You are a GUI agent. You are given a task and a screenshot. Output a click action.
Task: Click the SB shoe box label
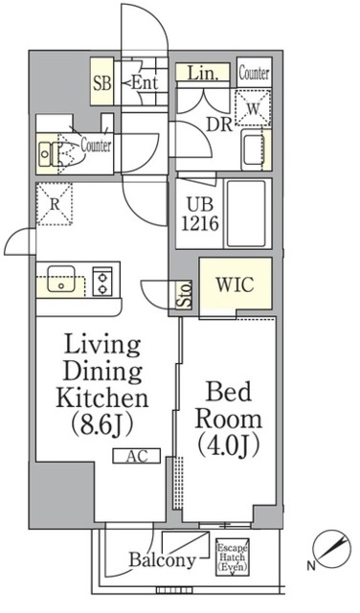(102, 83)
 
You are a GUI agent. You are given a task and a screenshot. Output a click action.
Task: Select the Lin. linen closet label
(202, 73)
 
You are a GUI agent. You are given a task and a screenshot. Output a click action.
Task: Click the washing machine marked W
(253, 108)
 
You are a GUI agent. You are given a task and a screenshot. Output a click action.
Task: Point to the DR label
(219, 125)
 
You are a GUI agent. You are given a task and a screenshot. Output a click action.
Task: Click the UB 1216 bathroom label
(200, 215)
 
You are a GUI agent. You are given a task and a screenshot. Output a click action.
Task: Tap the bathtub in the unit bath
(247, 214)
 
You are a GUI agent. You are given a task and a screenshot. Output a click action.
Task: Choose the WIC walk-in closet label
(236, 284)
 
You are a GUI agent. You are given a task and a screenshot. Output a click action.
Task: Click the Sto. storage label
(184, 295)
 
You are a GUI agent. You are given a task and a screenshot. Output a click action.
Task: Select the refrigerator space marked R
(55, 204)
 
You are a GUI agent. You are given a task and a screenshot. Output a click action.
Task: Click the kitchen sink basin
(61, 279)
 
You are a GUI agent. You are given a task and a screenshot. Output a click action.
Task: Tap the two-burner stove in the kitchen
(102, 282)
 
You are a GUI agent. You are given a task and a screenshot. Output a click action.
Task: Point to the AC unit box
(137, 456)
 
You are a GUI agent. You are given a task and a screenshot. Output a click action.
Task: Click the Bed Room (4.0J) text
(229, 420)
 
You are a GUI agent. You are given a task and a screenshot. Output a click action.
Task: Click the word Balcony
(162, 559)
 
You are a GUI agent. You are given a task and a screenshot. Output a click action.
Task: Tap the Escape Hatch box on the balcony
(233, 556)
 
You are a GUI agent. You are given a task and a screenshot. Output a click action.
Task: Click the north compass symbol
(332, 547)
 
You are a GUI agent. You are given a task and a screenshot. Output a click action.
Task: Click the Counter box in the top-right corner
(254, 73)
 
